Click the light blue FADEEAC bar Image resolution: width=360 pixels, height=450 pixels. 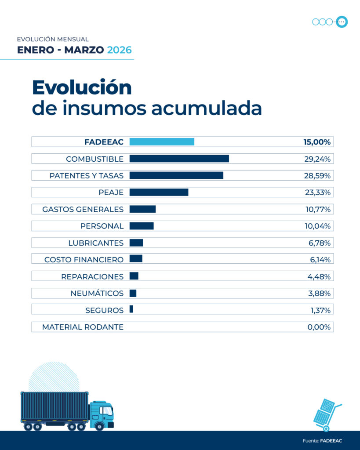coord(161,142)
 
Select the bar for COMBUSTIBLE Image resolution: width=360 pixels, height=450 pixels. coord(179,159)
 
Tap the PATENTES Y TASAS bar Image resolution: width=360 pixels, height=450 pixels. coord(176,175)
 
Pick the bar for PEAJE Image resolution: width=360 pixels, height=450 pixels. coord(159,192)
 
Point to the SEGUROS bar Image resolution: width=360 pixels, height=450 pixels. coord(131,310)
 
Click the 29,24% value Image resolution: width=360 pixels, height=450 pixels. coord(317,159)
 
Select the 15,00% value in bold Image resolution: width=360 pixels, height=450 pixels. coord(316,142)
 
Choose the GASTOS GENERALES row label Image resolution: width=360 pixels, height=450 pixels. coord(83,209)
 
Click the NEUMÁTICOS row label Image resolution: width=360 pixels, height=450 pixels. coord(97,293)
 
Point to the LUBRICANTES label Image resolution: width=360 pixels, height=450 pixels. coord(96,243)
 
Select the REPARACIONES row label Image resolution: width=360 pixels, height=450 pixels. coord(92,276)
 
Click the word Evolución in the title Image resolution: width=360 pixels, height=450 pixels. coord(82,87)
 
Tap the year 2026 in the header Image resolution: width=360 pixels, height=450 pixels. coord(119,50)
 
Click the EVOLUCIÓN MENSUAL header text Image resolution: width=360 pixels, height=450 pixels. coord(53,39)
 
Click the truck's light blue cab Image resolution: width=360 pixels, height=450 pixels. coord(102,413)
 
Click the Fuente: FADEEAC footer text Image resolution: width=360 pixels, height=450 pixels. coord(322,441)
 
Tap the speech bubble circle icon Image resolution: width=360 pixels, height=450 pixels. coord(342,22)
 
